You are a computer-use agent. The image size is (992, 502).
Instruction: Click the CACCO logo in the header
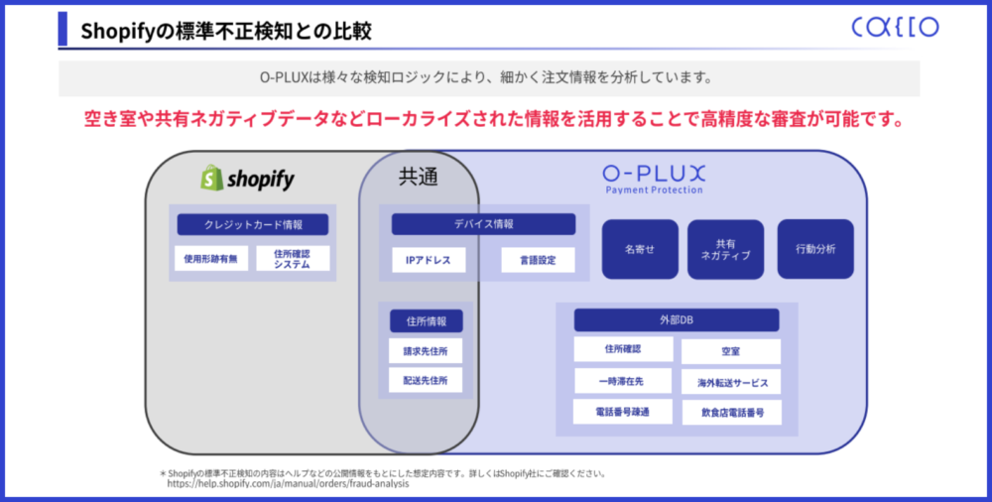pos(895,27)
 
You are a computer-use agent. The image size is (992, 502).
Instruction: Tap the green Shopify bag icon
pos(212,178)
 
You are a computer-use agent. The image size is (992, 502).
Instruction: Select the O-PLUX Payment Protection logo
pos(654,180)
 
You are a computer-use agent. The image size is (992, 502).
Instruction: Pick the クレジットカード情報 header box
pos(252,225)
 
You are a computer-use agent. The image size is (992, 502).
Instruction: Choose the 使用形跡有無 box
pos(210,258)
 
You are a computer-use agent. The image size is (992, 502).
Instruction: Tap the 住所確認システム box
pos(293,258)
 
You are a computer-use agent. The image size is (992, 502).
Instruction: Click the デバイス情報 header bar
pos(483,224)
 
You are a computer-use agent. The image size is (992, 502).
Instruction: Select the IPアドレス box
pos(429,260)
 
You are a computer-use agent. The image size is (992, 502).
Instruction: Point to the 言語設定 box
pos(538,260)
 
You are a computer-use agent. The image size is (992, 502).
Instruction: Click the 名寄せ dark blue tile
pos(640,249)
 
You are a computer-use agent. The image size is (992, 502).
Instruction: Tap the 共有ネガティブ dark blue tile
pos(726,249)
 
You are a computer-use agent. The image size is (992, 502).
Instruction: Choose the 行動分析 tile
pos(815,249)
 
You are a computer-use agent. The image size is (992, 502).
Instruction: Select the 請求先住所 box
pos(426,350)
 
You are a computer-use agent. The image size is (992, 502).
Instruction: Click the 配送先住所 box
pos(426,380)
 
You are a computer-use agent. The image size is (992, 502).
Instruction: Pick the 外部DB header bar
pos(677,320)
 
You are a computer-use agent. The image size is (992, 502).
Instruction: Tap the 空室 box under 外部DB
pos(731,351)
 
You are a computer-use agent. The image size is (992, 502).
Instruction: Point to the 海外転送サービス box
pos(731,382)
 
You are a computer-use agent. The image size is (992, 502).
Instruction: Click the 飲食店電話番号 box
pos(732,413)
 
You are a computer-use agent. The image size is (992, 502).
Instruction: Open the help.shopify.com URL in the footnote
pos(288,483)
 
